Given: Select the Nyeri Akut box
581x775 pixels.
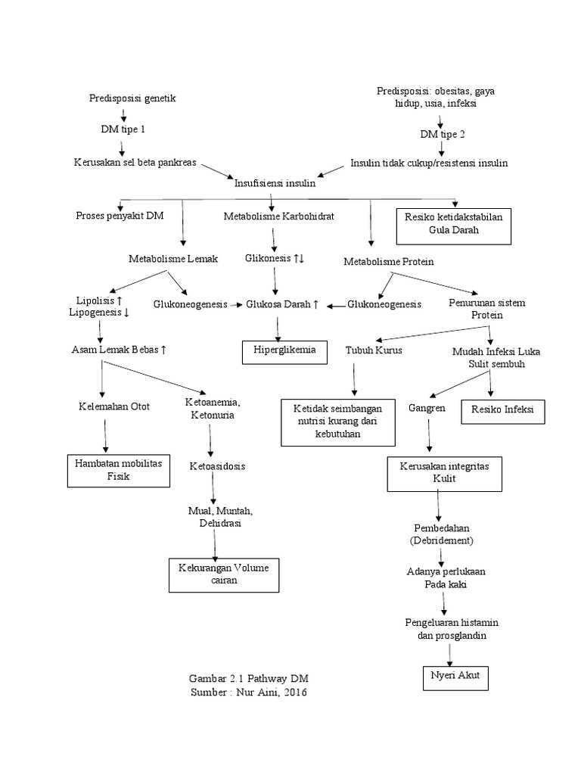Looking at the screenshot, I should (455, 677).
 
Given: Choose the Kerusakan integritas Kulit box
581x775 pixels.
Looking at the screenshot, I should (445, 474).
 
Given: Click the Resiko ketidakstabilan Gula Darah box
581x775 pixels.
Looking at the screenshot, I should (454, 225).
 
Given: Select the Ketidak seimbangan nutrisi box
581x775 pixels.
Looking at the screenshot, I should (339, 422).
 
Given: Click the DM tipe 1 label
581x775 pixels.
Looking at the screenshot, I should (123, 129).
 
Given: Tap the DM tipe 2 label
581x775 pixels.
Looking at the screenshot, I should (443, 135).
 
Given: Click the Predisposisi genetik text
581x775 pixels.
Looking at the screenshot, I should (132, 98).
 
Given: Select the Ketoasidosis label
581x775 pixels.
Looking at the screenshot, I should (217, 466).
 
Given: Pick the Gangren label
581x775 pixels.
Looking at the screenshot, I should (427, 407).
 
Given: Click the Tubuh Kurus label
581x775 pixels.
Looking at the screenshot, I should (374, 351).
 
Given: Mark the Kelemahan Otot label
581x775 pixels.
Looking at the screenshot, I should (114, 406).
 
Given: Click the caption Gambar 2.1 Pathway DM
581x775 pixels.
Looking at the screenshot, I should (248, 677).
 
